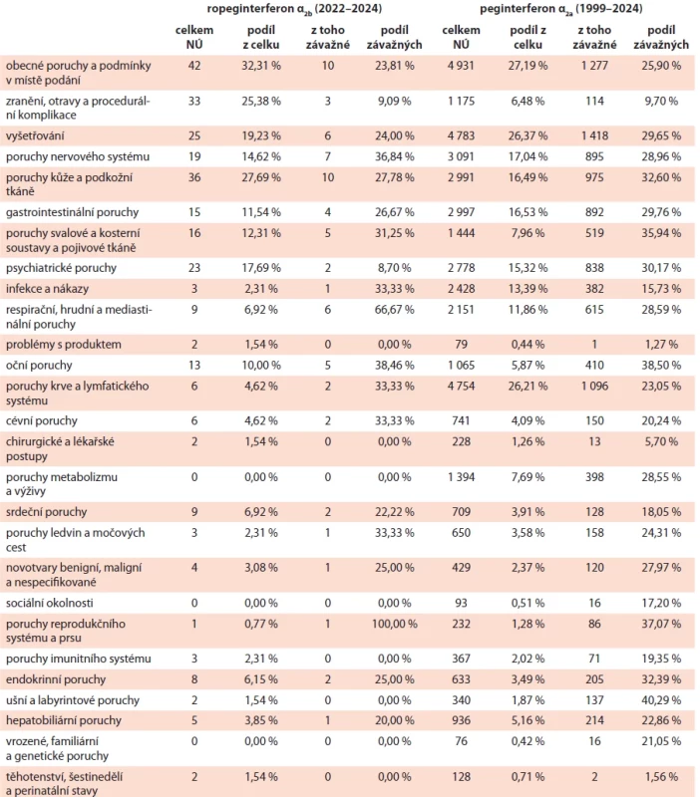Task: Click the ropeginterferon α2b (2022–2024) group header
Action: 294,9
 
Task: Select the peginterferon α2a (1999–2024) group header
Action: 560,9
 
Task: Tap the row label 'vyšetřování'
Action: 35,136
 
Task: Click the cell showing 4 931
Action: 461,66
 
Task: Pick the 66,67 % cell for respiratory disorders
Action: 394,310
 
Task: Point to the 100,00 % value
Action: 394,624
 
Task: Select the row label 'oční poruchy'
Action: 39,366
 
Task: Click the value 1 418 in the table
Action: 594,136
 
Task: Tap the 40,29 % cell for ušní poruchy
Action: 661,700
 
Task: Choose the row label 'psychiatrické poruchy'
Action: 61,268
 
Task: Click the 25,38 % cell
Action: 261,102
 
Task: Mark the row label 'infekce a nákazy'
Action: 47,289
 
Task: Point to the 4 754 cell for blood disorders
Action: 461,387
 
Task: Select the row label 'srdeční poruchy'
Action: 46,512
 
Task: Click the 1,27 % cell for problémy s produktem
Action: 661,345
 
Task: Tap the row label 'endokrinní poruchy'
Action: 56,679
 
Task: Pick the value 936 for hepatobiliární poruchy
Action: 461,720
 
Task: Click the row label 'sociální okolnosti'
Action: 49,604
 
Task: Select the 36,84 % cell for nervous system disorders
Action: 394,157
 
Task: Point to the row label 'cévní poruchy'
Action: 42,421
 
